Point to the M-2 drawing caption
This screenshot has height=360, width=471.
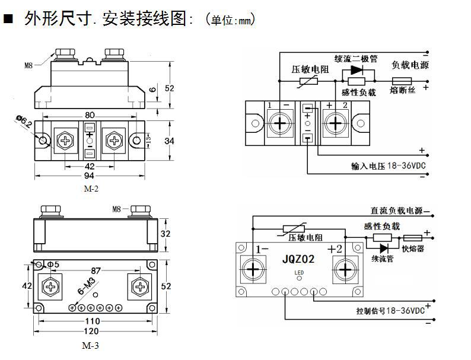pos(91,189)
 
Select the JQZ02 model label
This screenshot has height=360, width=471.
pos(298,259)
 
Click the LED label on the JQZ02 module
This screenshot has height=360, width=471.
pos(298,273)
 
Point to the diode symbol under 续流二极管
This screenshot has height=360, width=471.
pos(356,69)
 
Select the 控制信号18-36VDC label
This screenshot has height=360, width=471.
pos(390,310)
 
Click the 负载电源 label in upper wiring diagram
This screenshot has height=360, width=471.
pos(410,65)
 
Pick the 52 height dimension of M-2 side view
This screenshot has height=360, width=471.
pos(170,88)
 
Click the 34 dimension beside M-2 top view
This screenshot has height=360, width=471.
pos(169,141)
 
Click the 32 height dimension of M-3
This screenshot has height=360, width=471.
pos(166,234)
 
